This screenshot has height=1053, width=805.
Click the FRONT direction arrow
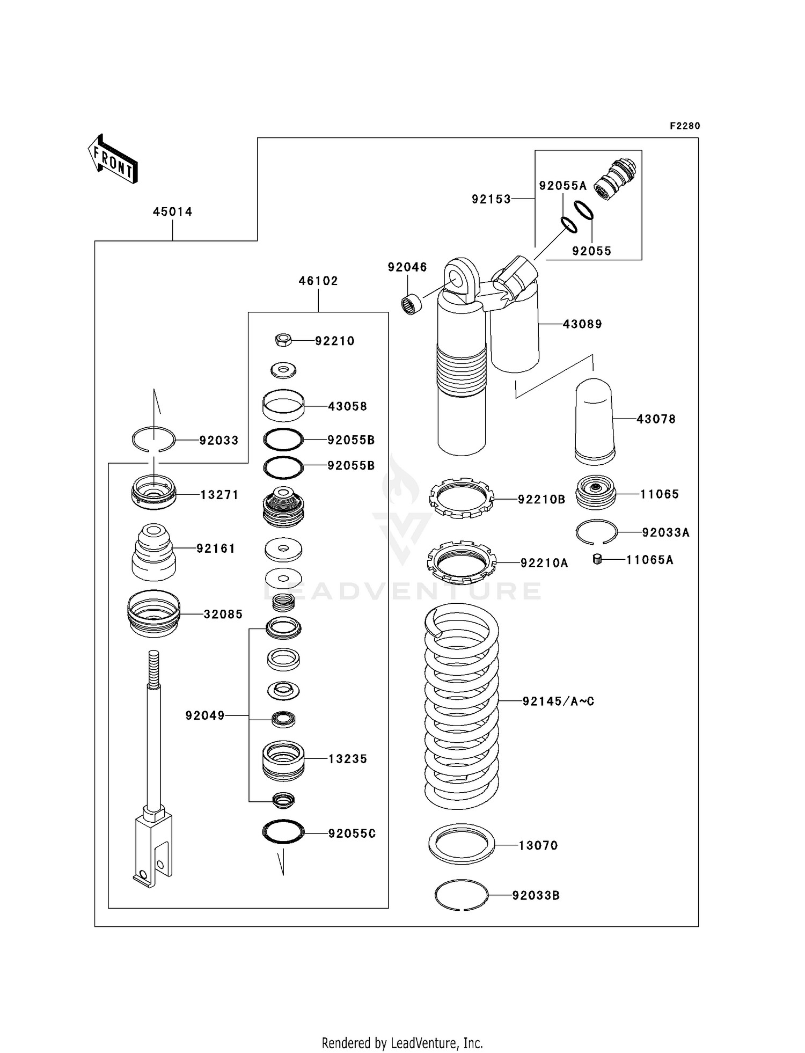(113, 159)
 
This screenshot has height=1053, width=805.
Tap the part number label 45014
(172, 212)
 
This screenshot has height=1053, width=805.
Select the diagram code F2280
(685, 126)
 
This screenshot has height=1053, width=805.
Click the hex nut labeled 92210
(283, 339)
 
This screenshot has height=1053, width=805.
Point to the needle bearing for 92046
(412, 304)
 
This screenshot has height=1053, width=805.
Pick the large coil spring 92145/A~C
(461, 706)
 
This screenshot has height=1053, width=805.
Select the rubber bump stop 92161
(153, 552)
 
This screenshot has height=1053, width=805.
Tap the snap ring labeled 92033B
(462, 895)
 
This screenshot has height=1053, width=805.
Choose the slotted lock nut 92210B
(462, 499)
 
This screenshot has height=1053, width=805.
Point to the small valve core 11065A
(596, 559)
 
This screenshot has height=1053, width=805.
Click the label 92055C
(352, 833)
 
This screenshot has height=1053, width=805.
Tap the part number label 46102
(318, 281)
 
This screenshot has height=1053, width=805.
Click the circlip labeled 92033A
(596, 532)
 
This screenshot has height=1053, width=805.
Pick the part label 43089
(582, 324)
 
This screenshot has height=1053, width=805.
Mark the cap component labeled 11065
(596, 493)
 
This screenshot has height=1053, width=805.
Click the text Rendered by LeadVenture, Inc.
(402, 1043)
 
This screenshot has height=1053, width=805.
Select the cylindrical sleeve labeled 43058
(283, 406)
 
